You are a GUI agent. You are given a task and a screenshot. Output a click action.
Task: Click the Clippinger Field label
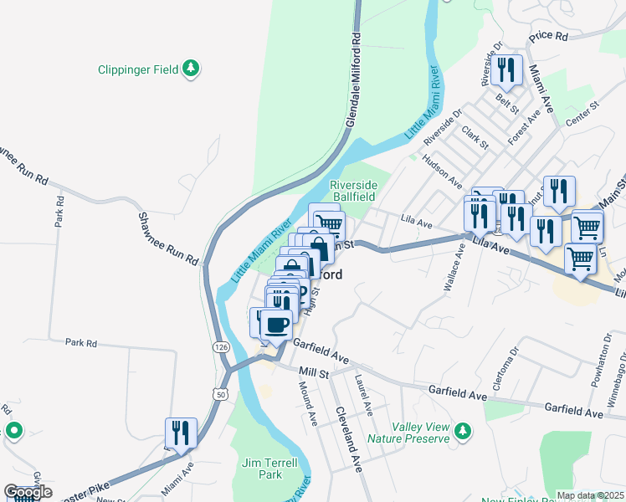click(138, 69)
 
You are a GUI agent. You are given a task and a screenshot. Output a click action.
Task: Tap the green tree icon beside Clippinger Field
click(192, 68)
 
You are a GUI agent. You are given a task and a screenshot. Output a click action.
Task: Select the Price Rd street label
click(548, 37)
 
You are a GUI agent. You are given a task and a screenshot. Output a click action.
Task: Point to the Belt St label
click(507, 105)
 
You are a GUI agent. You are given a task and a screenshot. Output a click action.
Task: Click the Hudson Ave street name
click(442, 172)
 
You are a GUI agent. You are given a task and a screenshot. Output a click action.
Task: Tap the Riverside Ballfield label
click(353, 190)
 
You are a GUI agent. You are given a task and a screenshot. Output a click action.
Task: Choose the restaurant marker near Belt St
click(507, 72)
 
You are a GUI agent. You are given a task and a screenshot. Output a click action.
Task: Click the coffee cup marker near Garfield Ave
click(276, 325)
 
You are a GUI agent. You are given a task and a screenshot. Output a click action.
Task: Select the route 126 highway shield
click(220, 346)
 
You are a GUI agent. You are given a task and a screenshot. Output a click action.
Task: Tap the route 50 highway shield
click(220, 393)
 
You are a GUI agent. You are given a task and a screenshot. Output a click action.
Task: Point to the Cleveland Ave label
click(348, 439)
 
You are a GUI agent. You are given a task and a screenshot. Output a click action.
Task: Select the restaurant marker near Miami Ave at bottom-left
click(181, 433)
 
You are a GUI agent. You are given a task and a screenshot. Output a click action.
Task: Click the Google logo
click(28, 492)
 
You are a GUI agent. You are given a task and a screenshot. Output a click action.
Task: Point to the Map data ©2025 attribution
click(589, 495)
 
